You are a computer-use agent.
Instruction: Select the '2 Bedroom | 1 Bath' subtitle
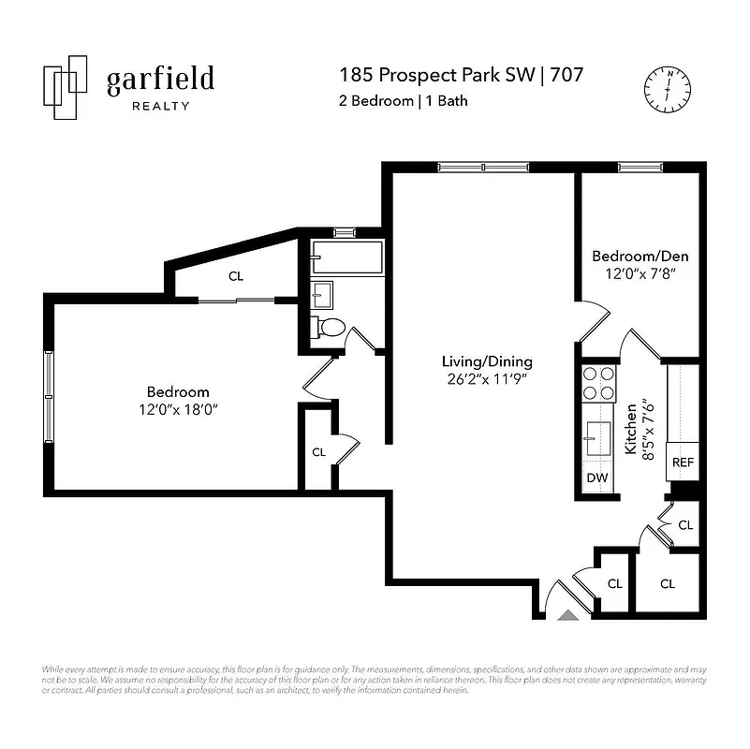(x=403, y=101)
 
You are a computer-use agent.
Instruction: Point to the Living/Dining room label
(x=487, y=361)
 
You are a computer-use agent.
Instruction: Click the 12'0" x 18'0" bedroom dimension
(x=178, y=409)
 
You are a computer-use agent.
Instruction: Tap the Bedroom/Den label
(x=634, y=256)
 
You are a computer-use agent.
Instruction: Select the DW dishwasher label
(x=596, y=478)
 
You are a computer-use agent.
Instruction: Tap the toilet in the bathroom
(x=329, y=328)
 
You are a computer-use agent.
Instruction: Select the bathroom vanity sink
(x=322, y=294)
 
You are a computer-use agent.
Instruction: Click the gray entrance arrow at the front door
(x=567, y=614)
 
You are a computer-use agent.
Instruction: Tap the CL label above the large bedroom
(x=236, y=276)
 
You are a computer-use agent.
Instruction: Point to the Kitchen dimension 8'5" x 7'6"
(x=640, y=428)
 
